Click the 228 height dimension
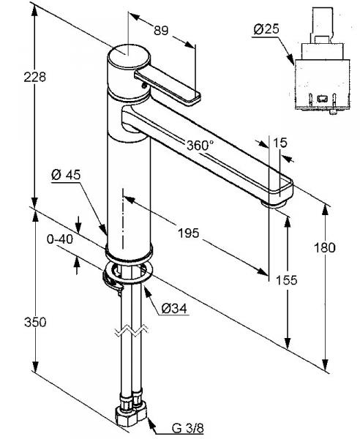(x=34, y=77)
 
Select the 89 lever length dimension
(x=161, y=31)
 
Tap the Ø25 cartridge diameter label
(x=266, y=29)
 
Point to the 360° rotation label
(x=200, y=146)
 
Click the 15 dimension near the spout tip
(x=280, y=143)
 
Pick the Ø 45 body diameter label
(x=66, y=176)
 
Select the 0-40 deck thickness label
(x=60, y=239)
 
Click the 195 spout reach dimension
(x=189, y=233)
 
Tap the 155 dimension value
(x=286, y=279)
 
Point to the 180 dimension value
(x=324, y=248)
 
